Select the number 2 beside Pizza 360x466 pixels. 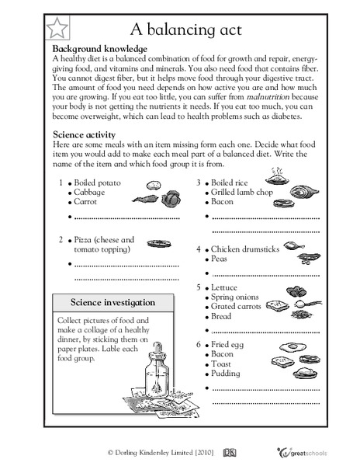pos(61,240)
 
